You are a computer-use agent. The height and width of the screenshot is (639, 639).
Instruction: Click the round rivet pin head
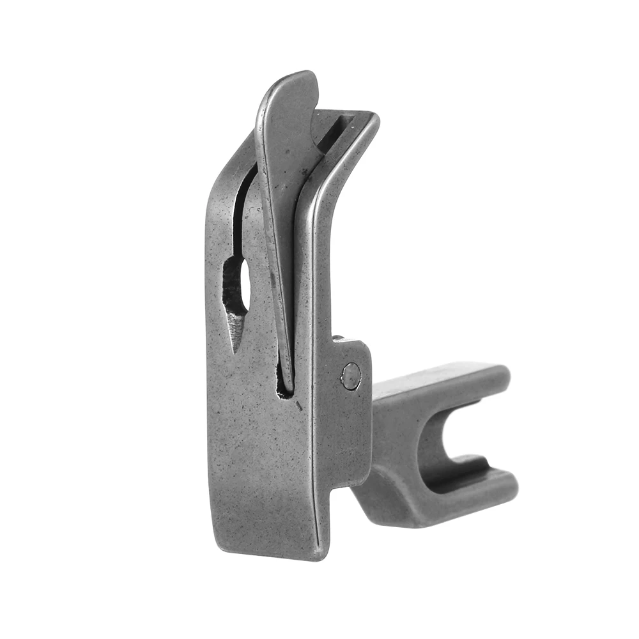[x=350, y=376]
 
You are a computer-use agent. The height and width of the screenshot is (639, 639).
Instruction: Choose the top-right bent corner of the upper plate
[x=374, y=119]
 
